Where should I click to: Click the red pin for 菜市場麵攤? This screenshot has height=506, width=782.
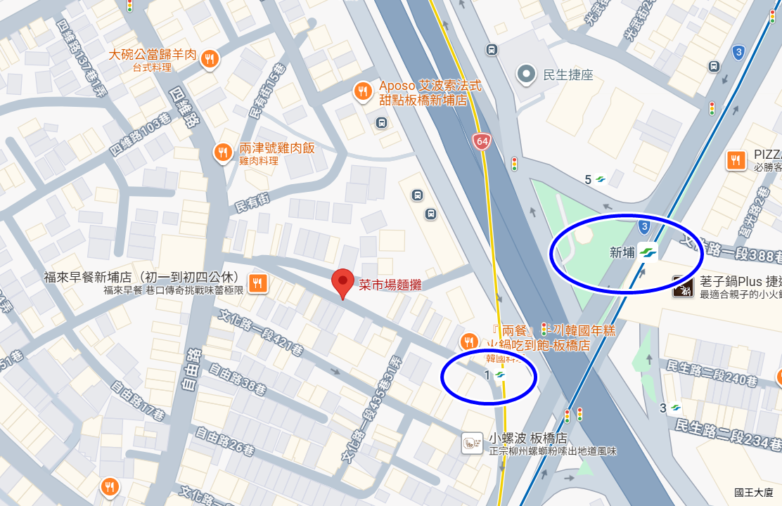point(342,283)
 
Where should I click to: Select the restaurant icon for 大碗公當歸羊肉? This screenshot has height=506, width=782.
point(209,60)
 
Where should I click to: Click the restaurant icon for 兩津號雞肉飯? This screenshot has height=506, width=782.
point(223,153)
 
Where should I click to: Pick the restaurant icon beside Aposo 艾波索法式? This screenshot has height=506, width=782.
point(363,91)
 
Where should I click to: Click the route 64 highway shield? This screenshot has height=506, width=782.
point(482,141)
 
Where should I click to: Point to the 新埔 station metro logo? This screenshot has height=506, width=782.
point(649,252)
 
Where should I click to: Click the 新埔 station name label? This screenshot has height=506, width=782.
point(622,252)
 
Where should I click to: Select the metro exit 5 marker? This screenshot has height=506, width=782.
point(601,179)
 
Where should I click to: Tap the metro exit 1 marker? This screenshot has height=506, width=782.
point(499,375)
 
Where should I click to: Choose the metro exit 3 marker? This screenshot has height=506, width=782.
point(675,408)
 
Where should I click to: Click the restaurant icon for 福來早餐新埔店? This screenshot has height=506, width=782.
point(258,283)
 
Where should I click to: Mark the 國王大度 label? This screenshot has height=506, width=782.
point(753,493)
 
